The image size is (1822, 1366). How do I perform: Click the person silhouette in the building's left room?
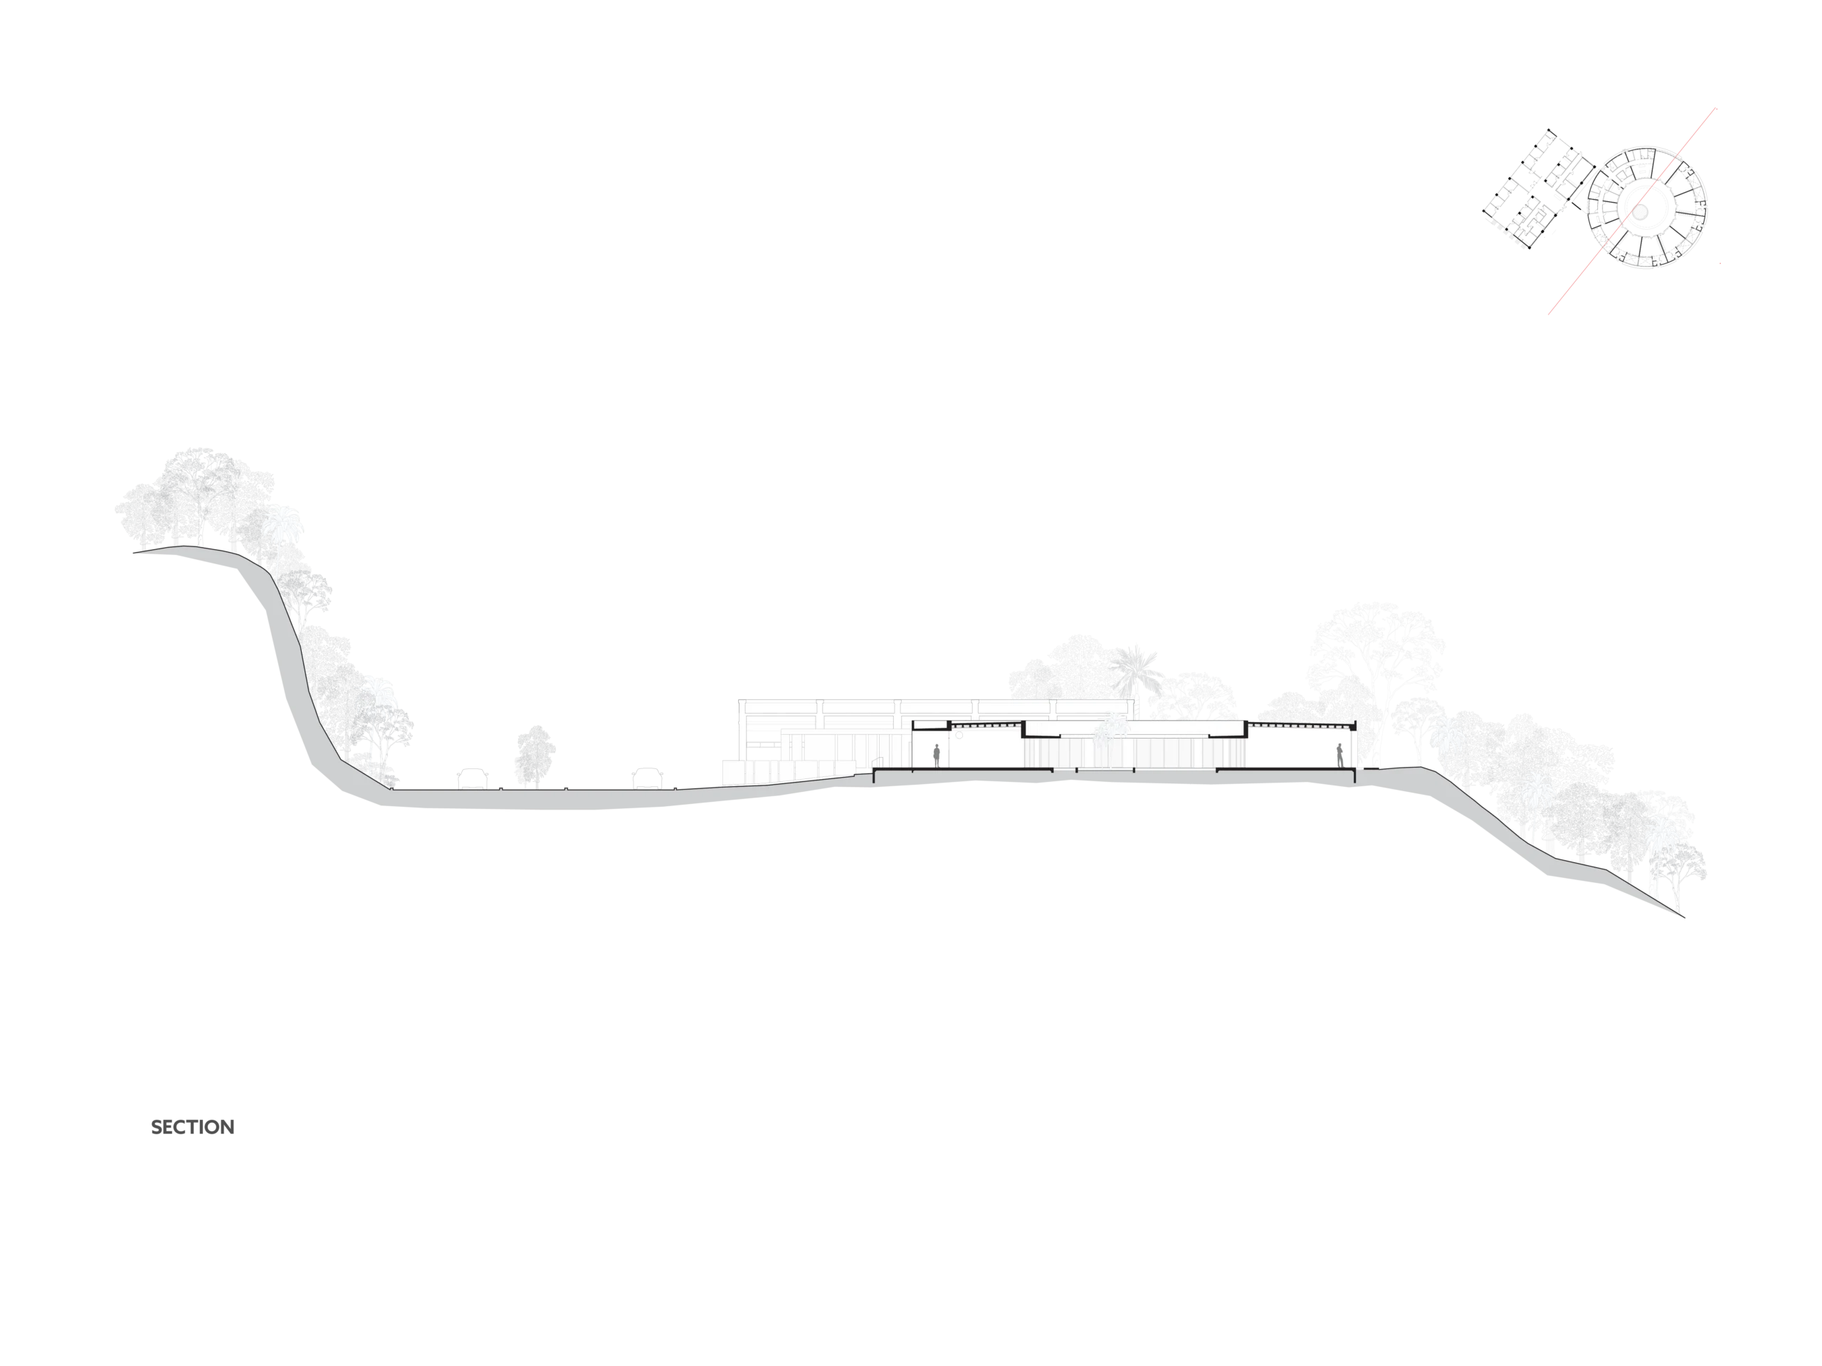[937, 755]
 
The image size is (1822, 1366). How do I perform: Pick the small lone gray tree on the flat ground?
[534, 753]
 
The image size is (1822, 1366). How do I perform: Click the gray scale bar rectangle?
[193, 1127]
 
